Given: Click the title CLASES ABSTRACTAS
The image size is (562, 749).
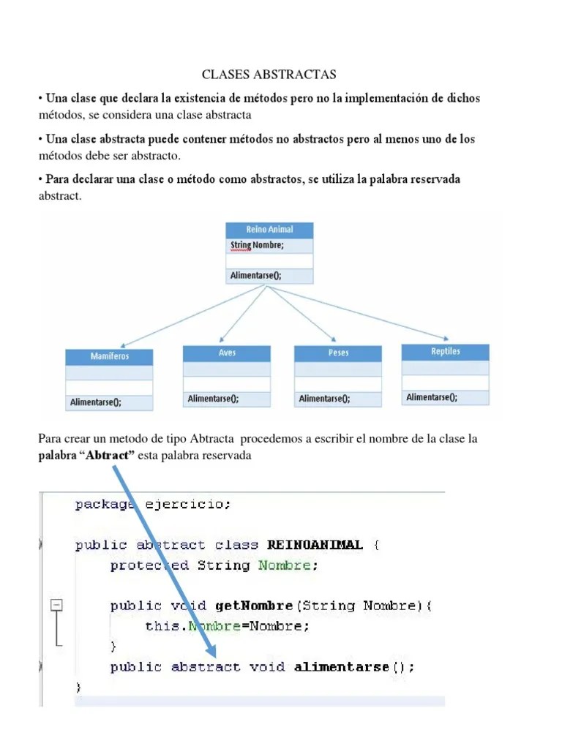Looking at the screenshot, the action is [269, 75].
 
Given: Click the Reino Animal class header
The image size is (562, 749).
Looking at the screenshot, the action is [269, 230].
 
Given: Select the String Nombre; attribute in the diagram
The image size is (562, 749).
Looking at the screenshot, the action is [257, 246].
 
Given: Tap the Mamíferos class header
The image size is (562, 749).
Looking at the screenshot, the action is [109, 356].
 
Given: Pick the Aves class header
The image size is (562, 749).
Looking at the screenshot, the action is [227, 353].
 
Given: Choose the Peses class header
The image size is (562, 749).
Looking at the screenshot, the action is [338, 353].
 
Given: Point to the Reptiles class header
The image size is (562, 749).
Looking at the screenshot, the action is [445, 351].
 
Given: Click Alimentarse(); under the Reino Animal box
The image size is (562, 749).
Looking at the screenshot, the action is [255, 276].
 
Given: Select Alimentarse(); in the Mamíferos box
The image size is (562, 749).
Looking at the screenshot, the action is [96, 402].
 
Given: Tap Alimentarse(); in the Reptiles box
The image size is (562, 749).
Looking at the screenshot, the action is [432, 397].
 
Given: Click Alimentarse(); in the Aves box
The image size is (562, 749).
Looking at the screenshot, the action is [213, 399].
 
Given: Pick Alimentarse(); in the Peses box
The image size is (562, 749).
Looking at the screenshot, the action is [324, 399].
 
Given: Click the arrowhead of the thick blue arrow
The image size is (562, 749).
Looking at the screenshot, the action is [211, 651].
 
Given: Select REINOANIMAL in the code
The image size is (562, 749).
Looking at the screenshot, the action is [315, 545].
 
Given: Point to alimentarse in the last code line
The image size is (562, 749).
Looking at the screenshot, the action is [342, 667].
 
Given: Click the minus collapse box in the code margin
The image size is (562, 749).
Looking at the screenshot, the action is [56, 606].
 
